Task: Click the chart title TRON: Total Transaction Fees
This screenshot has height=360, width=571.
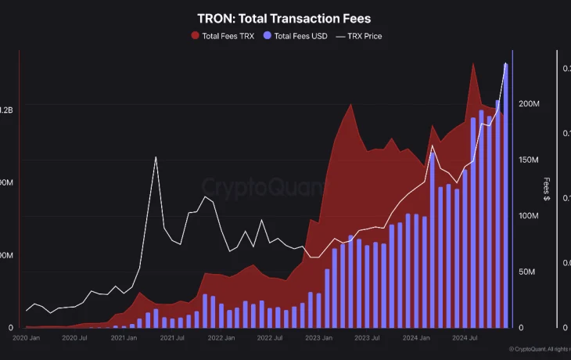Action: pos(285,18)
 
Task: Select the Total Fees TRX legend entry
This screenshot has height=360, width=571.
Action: pos(222,36)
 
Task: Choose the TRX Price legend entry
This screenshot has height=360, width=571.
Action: pos(358,36)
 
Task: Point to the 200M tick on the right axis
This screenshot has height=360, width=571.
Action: pos(530,104)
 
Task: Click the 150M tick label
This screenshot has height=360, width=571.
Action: pos(530,160)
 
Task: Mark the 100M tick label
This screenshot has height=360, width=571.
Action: pos(530,216)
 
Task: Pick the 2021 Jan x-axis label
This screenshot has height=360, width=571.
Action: pos(124,338)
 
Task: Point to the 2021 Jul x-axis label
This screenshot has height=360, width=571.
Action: pos(172,338)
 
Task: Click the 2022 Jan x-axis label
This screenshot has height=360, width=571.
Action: pos(221,338)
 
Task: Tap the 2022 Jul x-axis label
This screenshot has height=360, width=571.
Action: pos(270,338)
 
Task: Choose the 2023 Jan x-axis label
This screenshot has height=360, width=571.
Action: pos(319,338)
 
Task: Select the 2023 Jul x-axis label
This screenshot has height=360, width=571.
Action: pos(368,338)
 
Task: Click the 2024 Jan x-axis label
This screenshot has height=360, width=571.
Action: pos(417,338)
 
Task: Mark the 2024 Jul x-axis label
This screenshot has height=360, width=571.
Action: pos(465,338)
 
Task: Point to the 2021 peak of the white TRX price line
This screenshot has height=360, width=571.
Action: pos(156,157)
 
